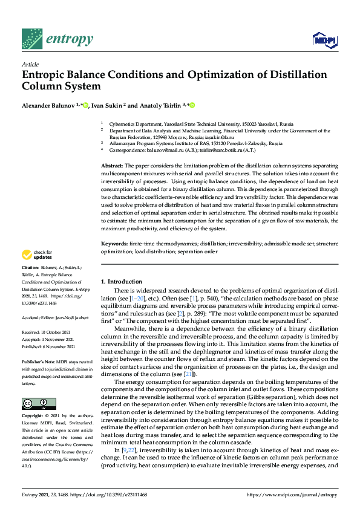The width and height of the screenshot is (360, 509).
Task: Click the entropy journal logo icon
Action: tap(31, 39)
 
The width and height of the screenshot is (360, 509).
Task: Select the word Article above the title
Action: tap(30, 64)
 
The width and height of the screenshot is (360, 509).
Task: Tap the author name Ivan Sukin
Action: tap(108, 105)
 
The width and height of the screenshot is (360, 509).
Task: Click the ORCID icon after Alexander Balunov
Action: tap(86, 105)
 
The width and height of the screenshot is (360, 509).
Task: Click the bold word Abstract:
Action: tap(112, 165)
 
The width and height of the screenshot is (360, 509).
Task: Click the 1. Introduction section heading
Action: tap(121, 281)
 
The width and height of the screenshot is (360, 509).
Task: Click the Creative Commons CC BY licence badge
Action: tap(35, 404)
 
